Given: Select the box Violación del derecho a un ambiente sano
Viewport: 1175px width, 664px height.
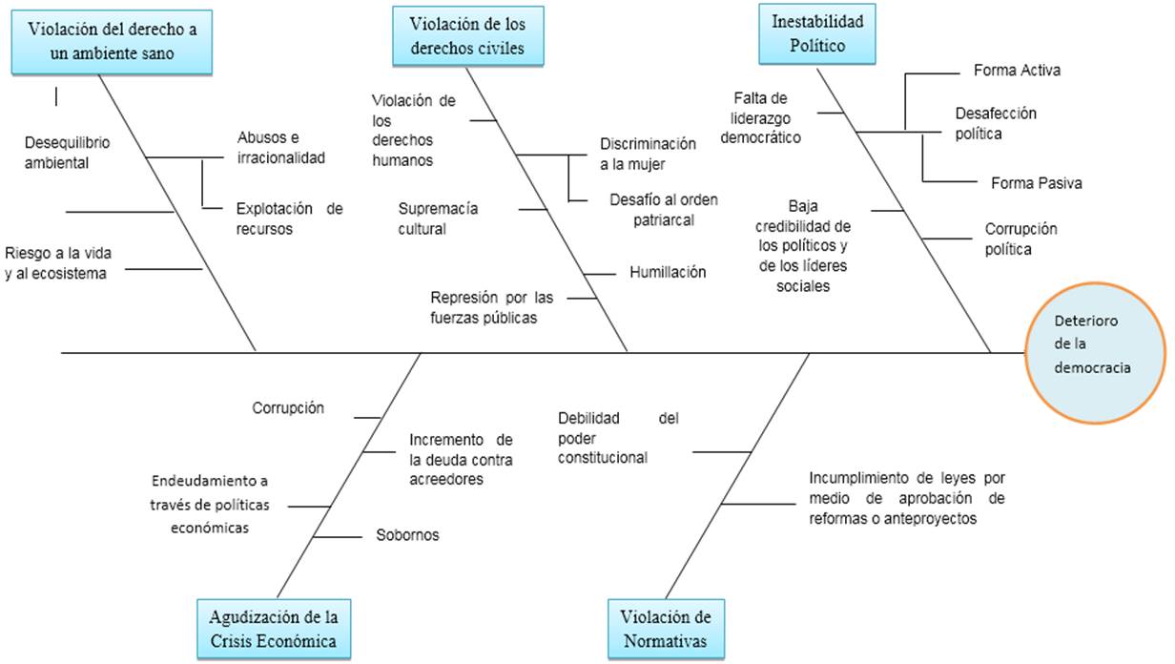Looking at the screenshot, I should (x=113, y=41).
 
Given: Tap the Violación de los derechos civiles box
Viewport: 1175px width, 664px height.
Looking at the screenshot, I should (x=467, y=35).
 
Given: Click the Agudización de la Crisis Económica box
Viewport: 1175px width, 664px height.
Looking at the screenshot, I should (x=273, y=626).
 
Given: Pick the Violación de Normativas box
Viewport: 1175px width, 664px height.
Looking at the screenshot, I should (x=666, y=627).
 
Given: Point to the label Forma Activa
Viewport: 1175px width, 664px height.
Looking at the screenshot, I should (x=1017, y=71).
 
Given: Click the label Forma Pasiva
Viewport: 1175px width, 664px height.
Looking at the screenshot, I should (x=1036, y=183).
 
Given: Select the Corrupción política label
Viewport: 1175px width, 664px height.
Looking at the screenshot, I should (x=1020, y=239).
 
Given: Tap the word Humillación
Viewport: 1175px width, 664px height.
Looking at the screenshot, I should (x=668, y=273).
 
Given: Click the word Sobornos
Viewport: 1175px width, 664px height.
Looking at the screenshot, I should (x=408, y=535).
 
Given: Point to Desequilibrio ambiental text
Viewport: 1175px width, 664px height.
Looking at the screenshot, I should (x=68, y=153).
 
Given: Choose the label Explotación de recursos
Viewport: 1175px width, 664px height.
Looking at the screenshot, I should (x=289, y=218).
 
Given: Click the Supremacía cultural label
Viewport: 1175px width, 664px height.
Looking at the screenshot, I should (x=438, y=218).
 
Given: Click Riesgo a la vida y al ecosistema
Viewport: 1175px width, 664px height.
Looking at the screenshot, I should (x=59, y=263).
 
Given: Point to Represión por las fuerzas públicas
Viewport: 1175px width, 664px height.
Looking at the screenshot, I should (x=491, y=307).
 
